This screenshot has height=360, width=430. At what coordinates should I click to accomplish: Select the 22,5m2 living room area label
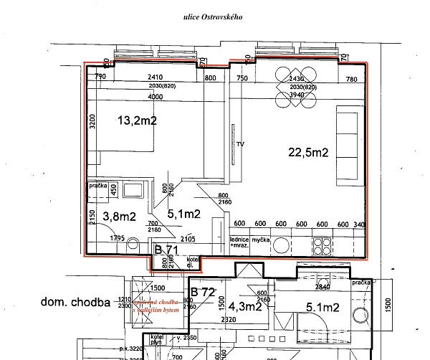[x=307, y=152]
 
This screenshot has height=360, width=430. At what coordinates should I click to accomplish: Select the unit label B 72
[x=204, y=293]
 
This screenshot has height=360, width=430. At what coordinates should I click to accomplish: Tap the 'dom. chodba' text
[x=75, y=302]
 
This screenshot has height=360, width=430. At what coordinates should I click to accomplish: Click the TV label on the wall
[x=241, y=144]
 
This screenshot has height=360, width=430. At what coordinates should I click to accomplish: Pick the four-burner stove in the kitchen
[x=321, y=245]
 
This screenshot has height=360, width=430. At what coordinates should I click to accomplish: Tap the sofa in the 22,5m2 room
[x=348, y=144]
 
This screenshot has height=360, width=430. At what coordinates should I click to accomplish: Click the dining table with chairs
[x=296, y=93]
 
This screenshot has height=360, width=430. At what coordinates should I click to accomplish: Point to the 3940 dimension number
[x=296, y=94]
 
